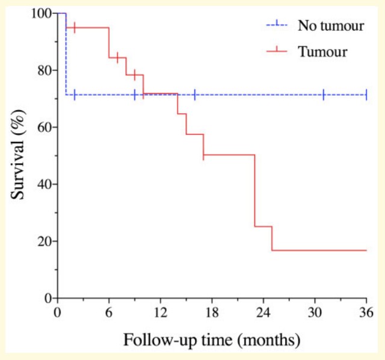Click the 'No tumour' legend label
coord(331,25)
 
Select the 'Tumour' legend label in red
coord(322,52)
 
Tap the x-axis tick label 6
coord(109,313)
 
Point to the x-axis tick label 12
coord(161,313)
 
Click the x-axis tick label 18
coord(212,313)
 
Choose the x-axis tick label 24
coord(263,313)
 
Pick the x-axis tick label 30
coord(315,313)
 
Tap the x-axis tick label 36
coord(366,313)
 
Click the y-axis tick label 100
coord(42,13)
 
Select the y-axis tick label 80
coord(45,70)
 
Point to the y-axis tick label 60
coord(45,127)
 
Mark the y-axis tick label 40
coord(45,184)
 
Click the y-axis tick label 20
coord(45,241)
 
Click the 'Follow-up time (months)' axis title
coord(212,340)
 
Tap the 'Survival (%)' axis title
coord(18,154)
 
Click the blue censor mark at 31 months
coord(324,95)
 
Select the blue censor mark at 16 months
coord(195,95)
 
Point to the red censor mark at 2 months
coord(75,28)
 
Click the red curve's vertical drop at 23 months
coord(254,190)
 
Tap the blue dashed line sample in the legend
coord(277,25)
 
